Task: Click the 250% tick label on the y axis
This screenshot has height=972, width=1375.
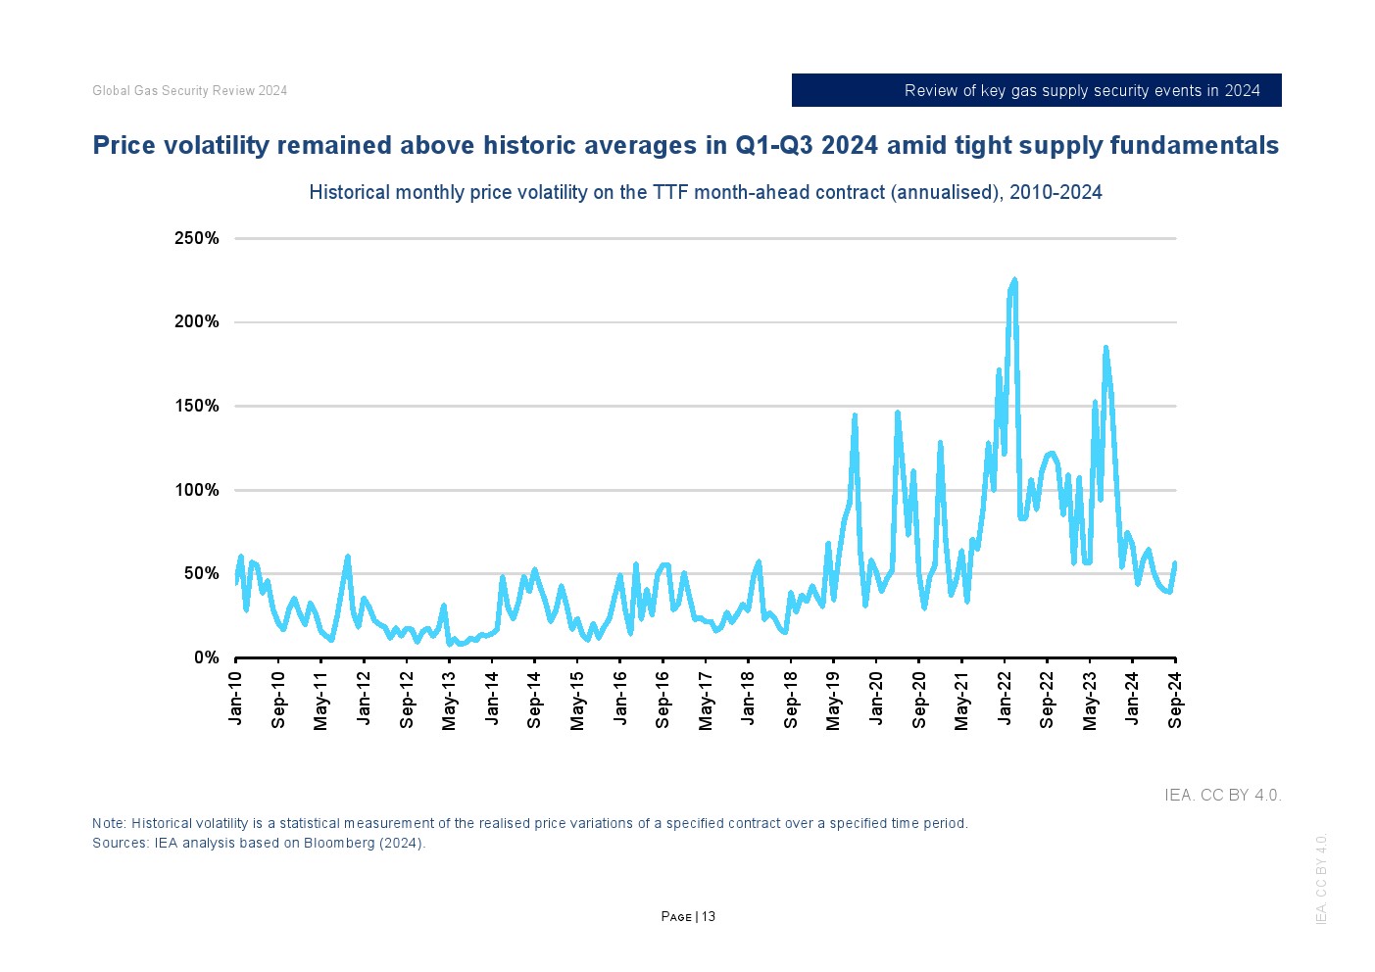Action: click(196, 238)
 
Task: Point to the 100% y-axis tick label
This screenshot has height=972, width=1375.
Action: click(196, 490)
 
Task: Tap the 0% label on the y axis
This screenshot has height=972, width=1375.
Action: click(206, 657)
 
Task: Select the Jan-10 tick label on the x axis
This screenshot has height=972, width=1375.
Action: click(235, 698)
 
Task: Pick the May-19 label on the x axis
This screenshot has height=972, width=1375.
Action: click(833, 701)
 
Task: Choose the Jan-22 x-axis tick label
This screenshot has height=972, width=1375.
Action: click(1005, 698)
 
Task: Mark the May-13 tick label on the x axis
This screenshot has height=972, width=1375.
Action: click(449, 701)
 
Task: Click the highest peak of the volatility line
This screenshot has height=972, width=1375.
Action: click(1014, 280)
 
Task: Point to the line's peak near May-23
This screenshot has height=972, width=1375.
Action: click(1105, 348)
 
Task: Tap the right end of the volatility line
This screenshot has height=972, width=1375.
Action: click(1174, 563)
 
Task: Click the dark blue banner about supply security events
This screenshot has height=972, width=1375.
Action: click(1036, 90)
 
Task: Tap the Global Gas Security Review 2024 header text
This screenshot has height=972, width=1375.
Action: click(189, 90)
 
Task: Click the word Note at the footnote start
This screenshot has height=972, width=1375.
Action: click(108, 823)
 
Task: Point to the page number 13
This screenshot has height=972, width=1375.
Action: click(709, 916)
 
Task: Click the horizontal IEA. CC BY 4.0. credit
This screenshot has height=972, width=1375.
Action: click(1222, 795)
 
